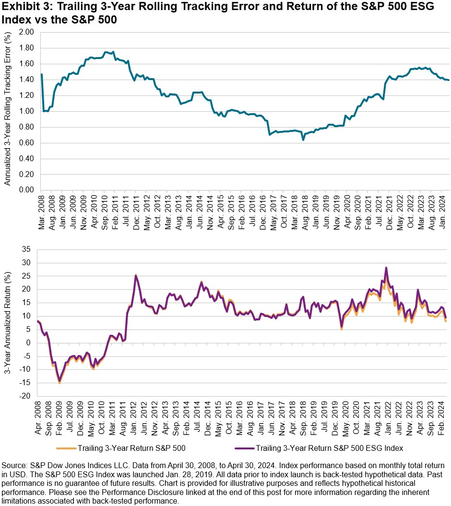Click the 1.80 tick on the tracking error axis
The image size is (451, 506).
(27, 48)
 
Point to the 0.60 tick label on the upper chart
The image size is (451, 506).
(27, 143)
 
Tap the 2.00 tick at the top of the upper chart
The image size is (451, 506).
(27, 32)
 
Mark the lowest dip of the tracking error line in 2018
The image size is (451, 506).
(303, 140)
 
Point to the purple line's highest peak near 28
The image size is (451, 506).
(386, 267)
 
